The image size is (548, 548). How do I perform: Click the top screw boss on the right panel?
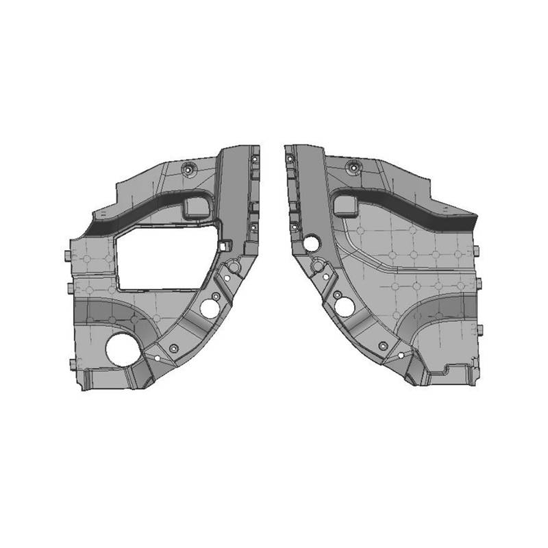(x=353, y=165)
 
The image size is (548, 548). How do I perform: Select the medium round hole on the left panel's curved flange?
(x=209, y=309)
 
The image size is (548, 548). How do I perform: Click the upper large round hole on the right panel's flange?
(x=312, y=242)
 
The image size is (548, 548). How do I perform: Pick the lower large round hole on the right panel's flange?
(x=345, y=307)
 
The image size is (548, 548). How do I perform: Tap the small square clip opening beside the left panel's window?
(x=224, y=245)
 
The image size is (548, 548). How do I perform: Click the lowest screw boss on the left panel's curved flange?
(x=174, y=349)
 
